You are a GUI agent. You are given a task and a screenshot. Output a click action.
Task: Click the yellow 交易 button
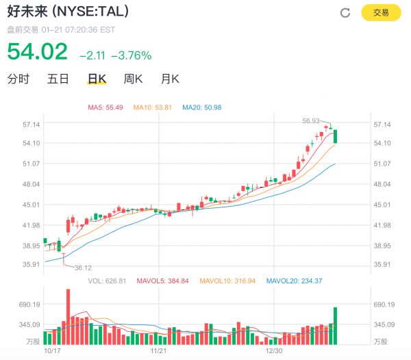tap(380, 13)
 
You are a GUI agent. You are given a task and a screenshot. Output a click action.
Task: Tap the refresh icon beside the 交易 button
tap(345, 13)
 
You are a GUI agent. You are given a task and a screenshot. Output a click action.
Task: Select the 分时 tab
tap(18, 79)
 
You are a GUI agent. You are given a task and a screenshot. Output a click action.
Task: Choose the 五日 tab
tap(58, 79)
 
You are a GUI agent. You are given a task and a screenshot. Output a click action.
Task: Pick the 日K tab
tap(97, 79)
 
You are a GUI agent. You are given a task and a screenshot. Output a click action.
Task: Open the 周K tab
tap(133, 79)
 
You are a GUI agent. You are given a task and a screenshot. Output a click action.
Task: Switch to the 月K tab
tap(169, 79)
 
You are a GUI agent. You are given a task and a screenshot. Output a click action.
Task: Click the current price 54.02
tap(38, 52)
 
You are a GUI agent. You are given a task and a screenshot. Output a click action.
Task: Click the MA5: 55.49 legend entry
tap(105, 107)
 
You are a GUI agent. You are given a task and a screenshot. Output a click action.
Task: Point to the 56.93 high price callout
tap(312, 120)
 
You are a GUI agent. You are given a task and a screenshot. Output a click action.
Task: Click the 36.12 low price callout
tap(83, 268)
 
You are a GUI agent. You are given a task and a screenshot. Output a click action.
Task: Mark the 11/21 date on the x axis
tap(158, 350)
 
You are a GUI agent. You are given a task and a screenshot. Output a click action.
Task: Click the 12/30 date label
tap(274, 350)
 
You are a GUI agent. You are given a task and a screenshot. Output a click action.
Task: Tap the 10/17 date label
tap(52, 350)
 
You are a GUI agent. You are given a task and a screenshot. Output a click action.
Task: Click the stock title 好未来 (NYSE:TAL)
tap(67, 12)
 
